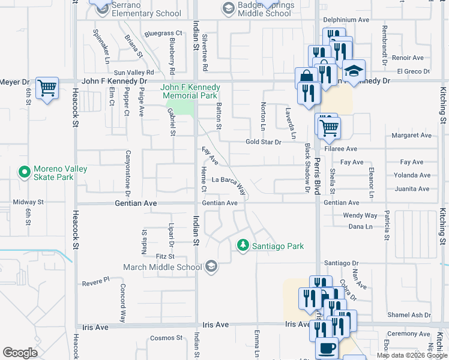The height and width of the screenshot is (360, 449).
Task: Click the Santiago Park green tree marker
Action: pyautogui.click(x=243, y=245)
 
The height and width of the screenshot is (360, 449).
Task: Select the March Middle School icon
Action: pyautogui.click(x=211, y=266)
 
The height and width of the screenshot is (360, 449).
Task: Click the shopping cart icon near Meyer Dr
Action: pyautogui.click(x=47, y=88)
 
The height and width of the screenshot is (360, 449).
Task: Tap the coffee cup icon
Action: pyautogui.click(x=327, y=347)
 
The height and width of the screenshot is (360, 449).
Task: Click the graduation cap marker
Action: pyautogui.click(x=354, y=71)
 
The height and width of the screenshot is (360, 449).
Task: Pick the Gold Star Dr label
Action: pyautogui.click(x=263, y=142)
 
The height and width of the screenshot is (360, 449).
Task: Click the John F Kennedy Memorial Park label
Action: pyautogui.click(x=190, y=91)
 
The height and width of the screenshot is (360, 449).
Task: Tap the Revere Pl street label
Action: pyautogui.click(x=96, y=280)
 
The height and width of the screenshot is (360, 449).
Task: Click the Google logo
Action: pyautogui.click(x=20, y=353)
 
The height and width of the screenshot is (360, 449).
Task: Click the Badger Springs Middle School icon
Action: pyautogui.click(x=228, y=8)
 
